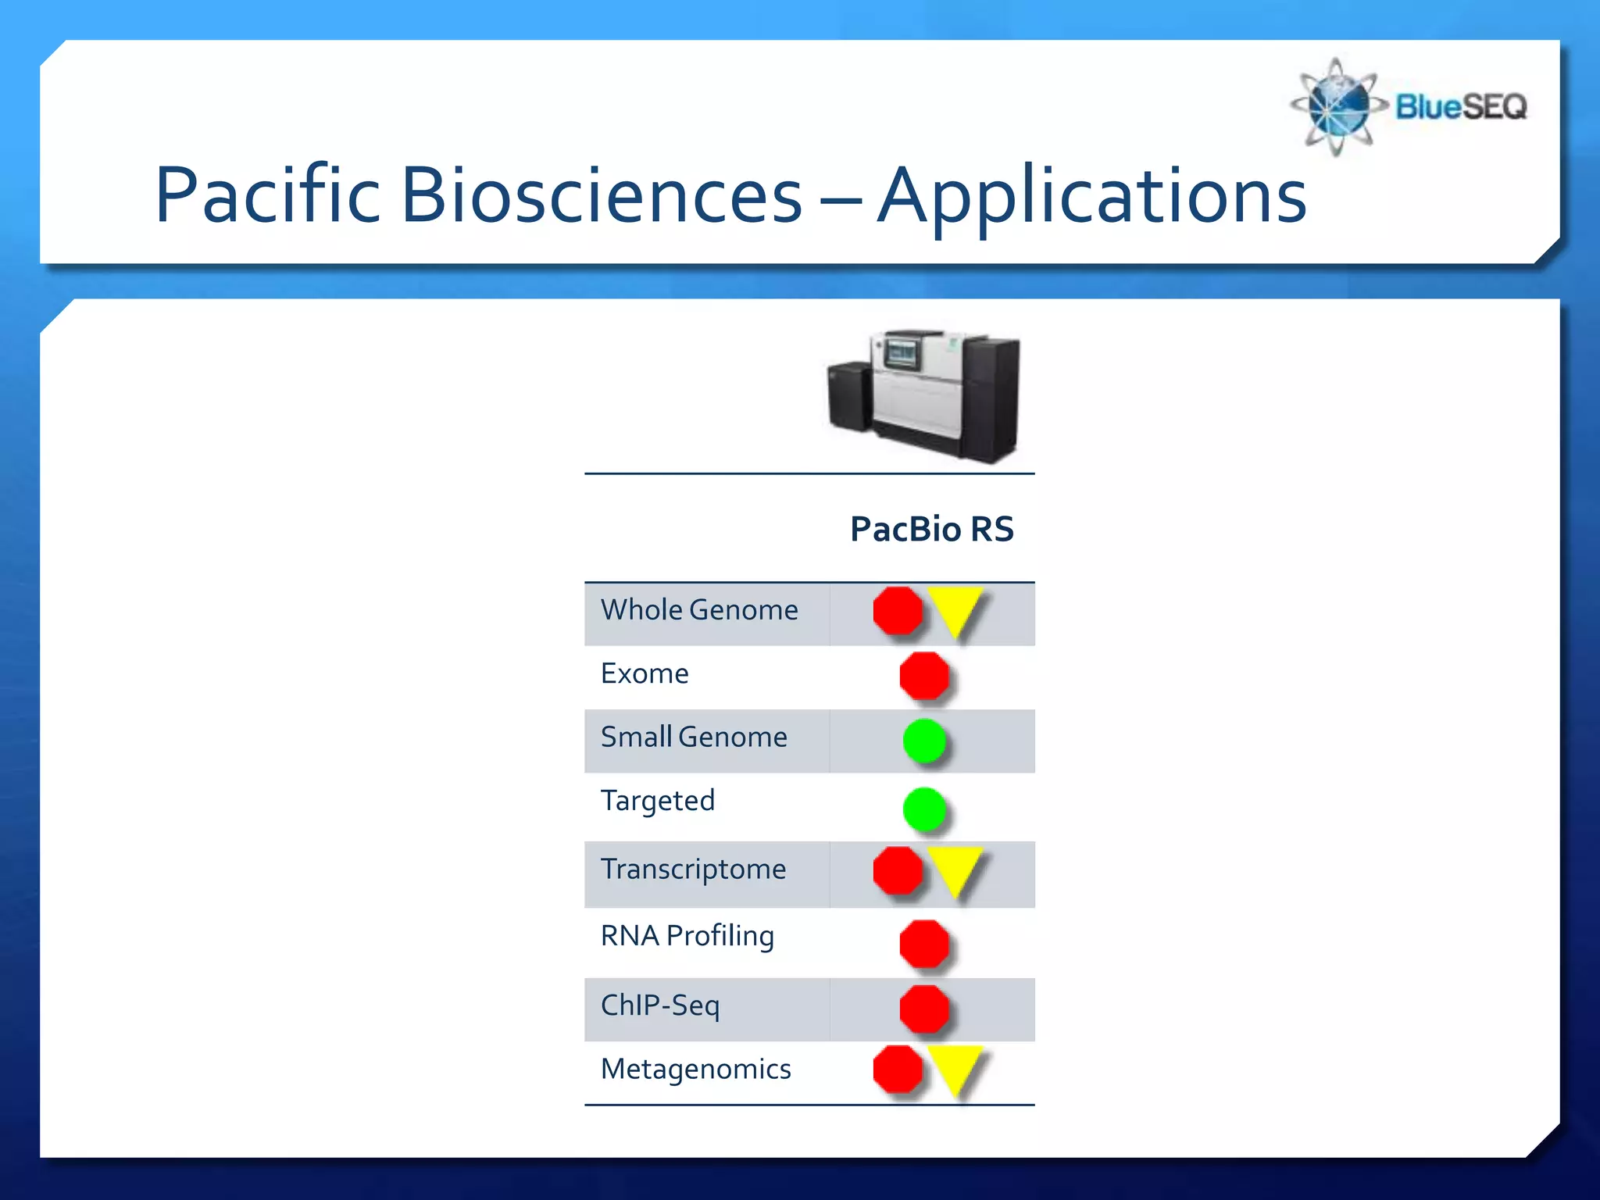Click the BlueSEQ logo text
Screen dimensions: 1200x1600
[1460, 107]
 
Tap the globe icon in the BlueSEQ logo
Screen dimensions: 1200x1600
[1337, 107]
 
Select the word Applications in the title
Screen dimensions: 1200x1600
[1091, 197]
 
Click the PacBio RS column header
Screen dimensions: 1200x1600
[931, 529]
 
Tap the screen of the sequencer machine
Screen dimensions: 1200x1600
[902, 355]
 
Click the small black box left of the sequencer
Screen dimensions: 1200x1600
[848, 396]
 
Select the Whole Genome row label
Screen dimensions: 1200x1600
[698, 610]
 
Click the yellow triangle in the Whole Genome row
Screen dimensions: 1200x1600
[955, 609]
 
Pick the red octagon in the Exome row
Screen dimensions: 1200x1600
[924, 676]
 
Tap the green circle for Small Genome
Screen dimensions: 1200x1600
[924, 741]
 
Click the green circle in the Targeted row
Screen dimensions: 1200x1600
[924, 809]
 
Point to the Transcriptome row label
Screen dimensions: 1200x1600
[693, 870]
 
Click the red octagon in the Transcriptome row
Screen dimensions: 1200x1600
[898, 870]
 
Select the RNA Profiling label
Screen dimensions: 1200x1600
[687, 936]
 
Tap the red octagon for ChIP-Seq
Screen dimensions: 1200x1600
[924, 1009]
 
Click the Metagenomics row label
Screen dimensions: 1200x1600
[695, 1069]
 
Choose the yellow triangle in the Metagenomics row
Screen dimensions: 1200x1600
[955, 1067]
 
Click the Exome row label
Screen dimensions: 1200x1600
[645, 673]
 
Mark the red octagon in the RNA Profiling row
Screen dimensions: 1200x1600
[924, 943]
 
